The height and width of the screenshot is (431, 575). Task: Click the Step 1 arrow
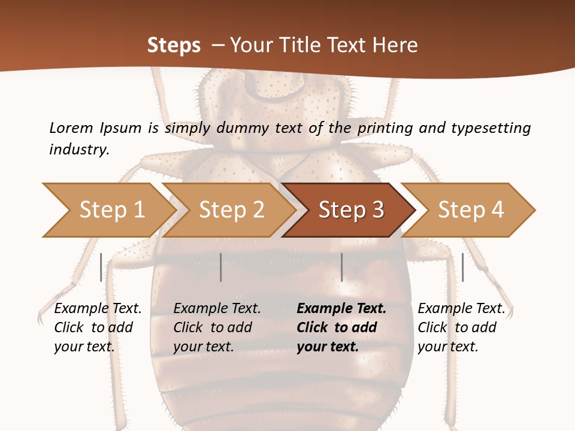[x=108, y=210]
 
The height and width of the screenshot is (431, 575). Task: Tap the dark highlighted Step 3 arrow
[x=350, y=210]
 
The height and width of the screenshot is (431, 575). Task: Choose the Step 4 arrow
[x=470, y=210]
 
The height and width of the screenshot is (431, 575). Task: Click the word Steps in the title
[x=174, y=45]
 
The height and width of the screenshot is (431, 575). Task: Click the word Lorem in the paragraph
[x=71, y=128]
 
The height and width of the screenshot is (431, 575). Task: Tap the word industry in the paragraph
[x=79, y=149]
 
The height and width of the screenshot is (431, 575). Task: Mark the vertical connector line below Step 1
[x=101, y=267]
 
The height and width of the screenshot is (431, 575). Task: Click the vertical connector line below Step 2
[x=221, y=267]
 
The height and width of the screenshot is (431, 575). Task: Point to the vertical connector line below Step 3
[x=341, y=267]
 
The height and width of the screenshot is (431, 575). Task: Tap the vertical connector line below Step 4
[x=462, y=267]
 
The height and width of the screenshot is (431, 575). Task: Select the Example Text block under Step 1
[x=98, y=327]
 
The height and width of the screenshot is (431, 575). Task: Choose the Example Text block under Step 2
[x=217, y=327]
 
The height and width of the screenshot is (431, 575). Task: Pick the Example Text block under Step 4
[x=461, y=327]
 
